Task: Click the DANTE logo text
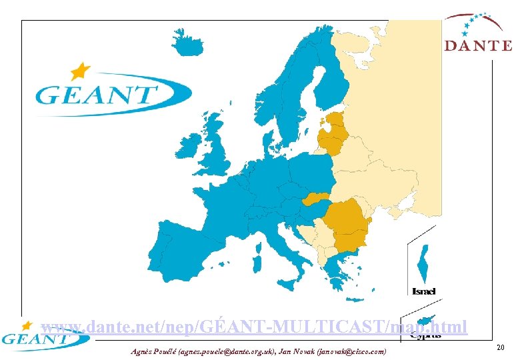click(479, 46)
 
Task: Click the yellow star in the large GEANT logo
click(80, 71)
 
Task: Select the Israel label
click(424, 291)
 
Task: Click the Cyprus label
click(425, 336)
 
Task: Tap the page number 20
click(500, 348)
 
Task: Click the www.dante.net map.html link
click(254, 327)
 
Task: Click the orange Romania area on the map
click(350, 219)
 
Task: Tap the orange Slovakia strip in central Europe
click(317, 198)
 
